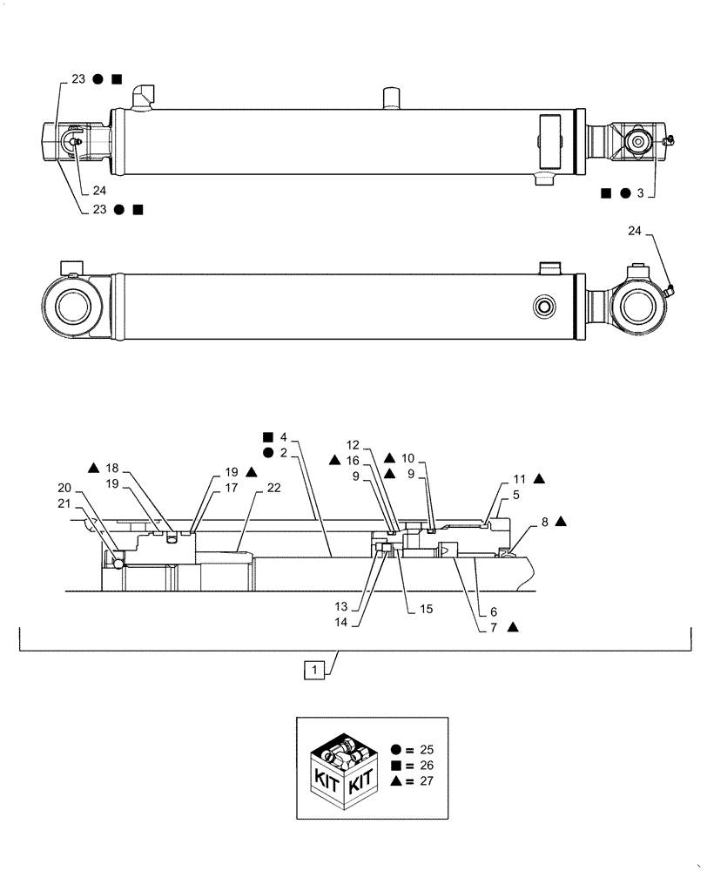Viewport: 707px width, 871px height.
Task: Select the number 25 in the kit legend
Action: [x=424, y=749]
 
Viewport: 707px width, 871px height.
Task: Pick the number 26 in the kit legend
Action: [x=424, y=766]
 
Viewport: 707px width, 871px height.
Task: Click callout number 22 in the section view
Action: [x=273, y=488]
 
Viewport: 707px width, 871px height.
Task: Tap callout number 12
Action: [x=376, y=444]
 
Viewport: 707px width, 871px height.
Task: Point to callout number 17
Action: [x=230, y=488]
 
